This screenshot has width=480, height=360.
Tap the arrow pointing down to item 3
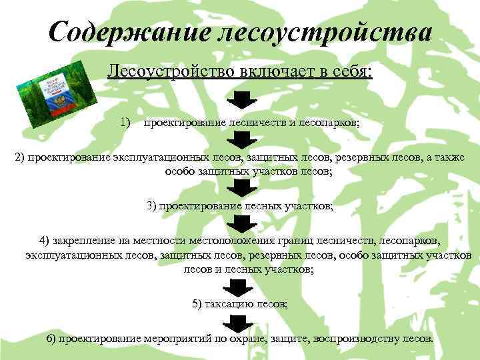pos(239,185)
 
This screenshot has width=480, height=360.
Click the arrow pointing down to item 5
pos(239,287)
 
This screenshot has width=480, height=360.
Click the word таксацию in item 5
pos(227,304)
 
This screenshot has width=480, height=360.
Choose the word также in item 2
pos(449,157)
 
